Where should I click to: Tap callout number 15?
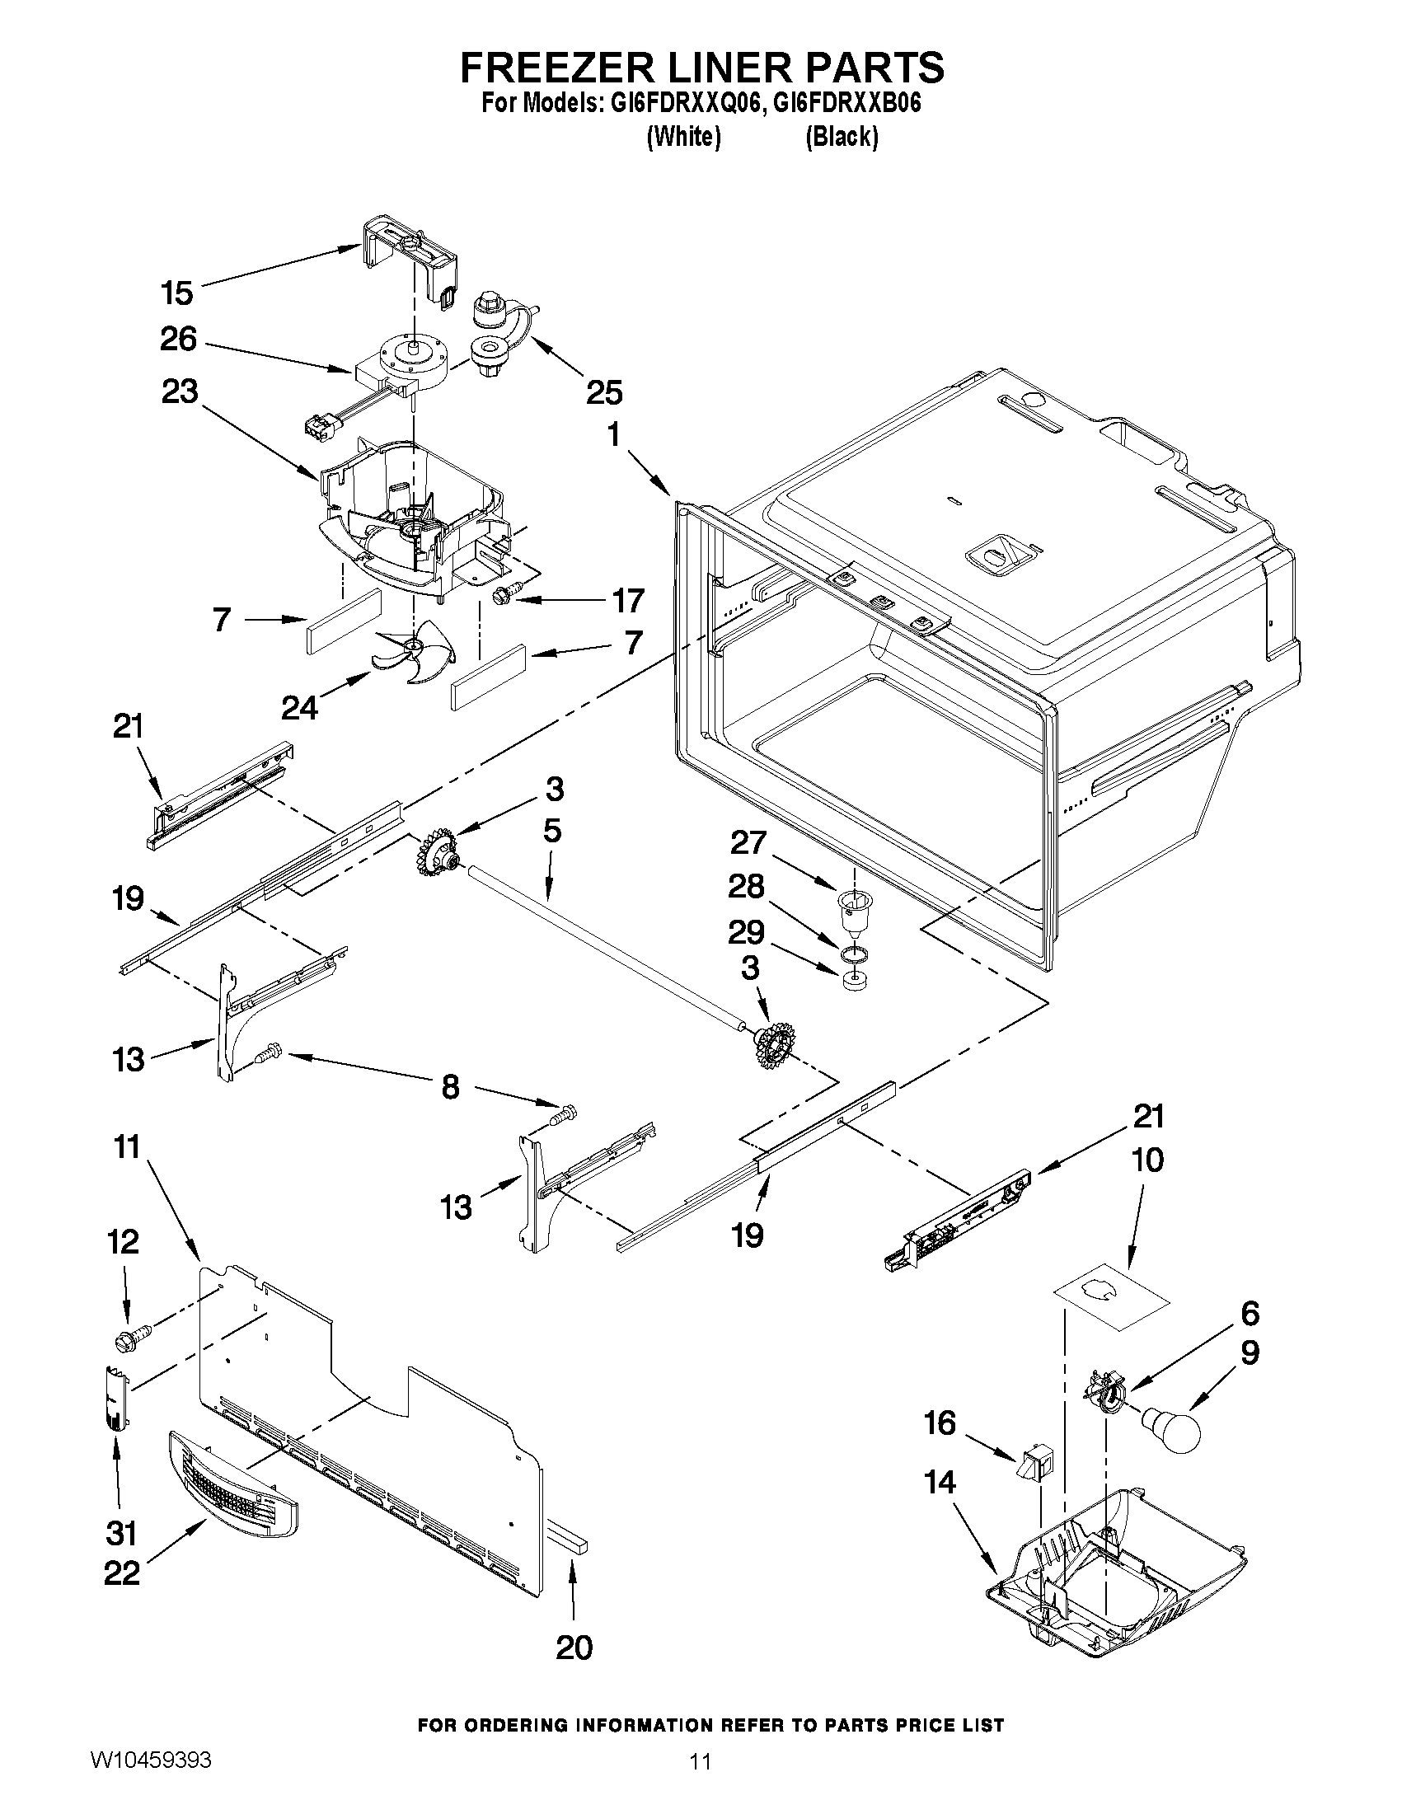click(x=177, y=293)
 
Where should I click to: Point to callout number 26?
click(x=179, y=339)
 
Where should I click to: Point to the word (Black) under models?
click(x=842, y=136)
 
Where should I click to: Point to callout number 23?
click(x=180, y=391)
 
